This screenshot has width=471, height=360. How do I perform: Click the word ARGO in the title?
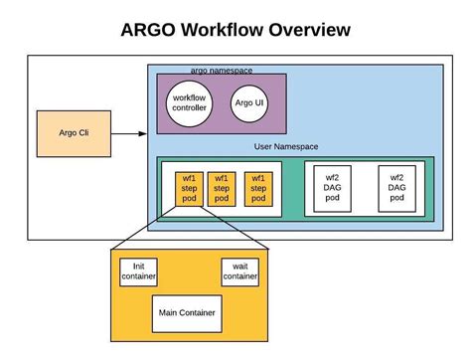coord(150,30)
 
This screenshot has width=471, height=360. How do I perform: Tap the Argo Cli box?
coord(67,133)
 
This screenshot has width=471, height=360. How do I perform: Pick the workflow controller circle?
coord(189,102)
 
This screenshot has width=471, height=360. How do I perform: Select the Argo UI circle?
coord(247,102)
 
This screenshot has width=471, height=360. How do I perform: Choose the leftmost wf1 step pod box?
coord(189,188)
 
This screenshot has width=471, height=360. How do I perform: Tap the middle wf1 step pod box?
coord(223,188)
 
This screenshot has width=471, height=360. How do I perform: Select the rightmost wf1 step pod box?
coord(256,188)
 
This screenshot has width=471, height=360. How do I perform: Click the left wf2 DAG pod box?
coord(331,186)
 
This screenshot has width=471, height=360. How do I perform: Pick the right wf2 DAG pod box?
coord(396,186)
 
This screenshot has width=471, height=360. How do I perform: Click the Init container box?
coord(139,271)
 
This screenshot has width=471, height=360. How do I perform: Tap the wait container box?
coord(240,271)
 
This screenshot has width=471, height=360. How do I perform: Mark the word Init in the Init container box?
coord(139,266)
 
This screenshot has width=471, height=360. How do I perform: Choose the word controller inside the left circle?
coord(189,108)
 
